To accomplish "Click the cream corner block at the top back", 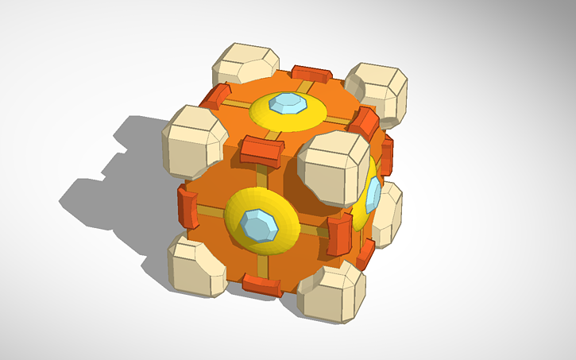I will (247, 63).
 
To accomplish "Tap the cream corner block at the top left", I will (191, 141).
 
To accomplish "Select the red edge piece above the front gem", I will (261, 149).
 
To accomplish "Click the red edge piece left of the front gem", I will (187, 209).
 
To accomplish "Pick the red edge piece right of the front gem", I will (338, 238).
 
